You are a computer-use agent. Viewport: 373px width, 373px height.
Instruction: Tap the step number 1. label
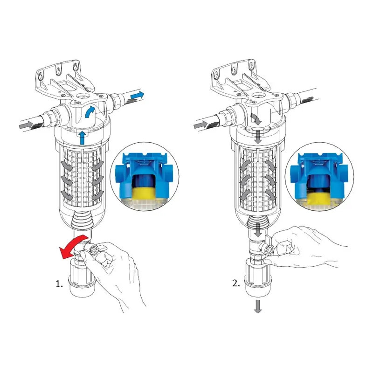pyautogui.click(x=59, y=283)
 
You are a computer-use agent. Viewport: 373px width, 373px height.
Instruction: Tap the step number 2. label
pyautogui.click(x=236, y=283)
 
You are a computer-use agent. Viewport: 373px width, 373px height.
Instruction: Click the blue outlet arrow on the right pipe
pyautogui.click(x=137, y=95)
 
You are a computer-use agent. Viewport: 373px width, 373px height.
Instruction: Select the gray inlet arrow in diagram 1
pyautogui.click(x=26, y=124)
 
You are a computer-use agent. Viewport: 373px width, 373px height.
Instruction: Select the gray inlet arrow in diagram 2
pyautogui.click(x=201, y=124)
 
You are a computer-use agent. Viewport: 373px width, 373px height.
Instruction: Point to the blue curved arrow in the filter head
pyautogui.click(x=90, y=111)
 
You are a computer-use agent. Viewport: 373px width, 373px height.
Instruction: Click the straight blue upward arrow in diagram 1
pyautogui.click(x=83, y=138)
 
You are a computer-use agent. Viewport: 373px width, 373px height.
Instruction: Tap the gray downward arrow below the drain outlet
pyautogui.click(x=258, y=306)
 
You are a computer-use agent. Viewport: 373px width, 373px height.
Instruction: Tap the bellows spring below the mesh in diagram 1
pyautogui.click(x=82, y=221)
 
